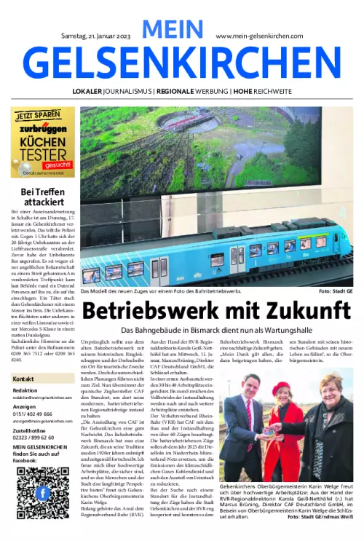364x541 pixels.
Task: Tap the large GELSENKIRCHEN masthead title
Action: coord(182,64)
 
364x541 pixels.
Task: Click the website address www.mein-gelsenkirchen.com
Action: coord(260,35)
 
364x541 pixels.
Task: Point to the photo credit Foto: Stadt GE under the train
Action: coord(336,291)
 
